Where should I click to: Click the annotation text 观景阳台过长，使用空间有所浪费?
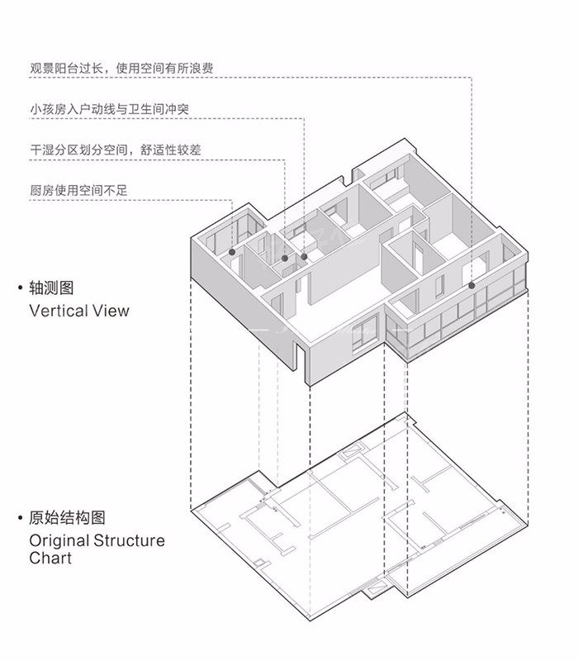tap(121, 69)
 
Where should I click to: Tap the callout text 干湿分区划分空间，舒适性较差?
tap(116, 150)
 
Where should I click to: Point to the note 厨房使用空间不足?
tap(79, 190)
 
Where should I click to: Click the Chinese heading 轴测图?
tap(51, 288)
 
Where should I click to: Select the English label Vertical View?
tap(79, 311)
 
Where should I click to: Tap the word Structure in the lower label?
tap(128, 541)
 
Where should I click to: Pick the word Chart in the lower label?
tap(50, 559)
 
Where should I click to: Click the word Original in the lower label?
tap(59, 541)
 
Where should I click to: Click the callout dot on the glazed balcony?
tap(471, 285)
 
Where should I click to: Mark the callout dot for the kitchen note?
tap(232, 251)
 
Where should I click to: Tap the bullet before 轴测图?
tap(21, 288)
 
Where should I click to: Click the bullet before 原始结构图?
tap(21, 519)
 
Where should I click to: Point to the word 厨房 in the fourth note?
tap(41, 190)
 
